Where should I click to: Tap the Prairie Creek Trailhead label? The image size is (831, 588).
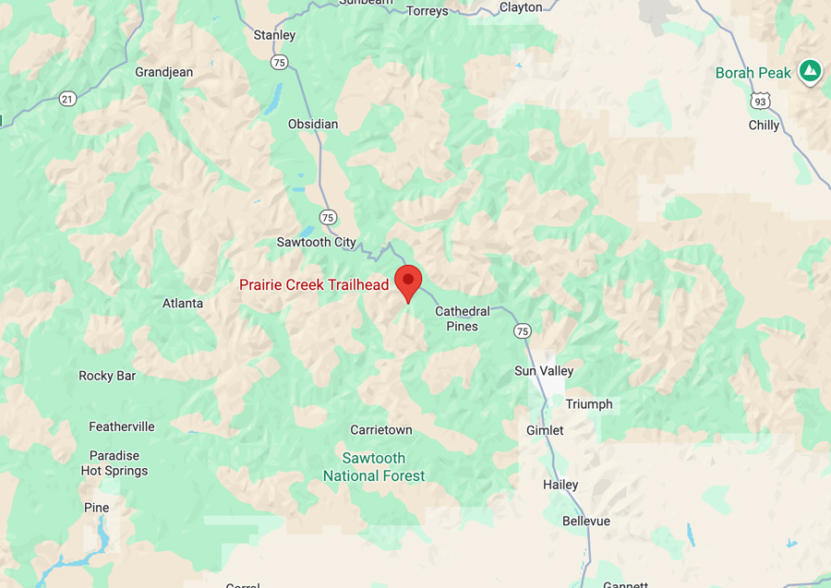click(x=315, y=285)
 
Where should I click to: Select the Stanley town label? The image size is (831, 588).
click(x=274, y=35)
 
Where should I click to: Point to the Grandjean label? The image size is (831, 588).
click(x=163, y=72)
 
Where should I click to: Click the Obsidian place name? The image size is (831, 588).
click(x=313, y=124)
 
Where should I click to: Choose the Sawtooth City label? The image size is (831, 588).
click(x=316, y=242)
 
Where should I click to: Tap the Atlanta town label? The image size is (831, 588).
click(x=183, y=303)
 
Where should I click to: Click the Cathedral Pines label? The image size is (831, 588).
click(x=463, y=318)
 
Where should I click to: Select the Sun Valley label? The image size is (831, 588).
click(x=544, y=371)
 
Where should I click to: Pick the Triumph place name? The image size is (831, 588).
click(x=588, y=404)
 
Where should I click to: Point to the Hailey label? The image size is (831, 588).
click(x=560, y=485)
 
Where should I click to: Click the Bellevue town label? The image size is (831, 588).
click(x=586, y=522)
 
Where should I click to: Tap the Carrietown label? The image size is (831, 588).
click(x=381, y=430)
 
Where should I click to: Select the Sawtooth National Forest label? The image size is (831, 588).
click(x=374, y=467)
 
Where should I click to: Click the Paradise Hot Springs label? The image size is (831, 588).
click(x=114, y=462)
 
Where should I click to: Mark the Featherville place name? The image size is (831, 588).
click(x=122, y=426)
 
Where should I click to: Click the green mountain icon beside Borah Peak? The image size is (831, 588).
click(x=810, y=70)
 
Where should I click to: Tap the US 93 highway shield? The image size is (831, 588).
click(x=759, y=99)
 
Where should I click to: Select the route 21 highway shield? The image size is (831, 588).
click(x=66, y=98)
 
